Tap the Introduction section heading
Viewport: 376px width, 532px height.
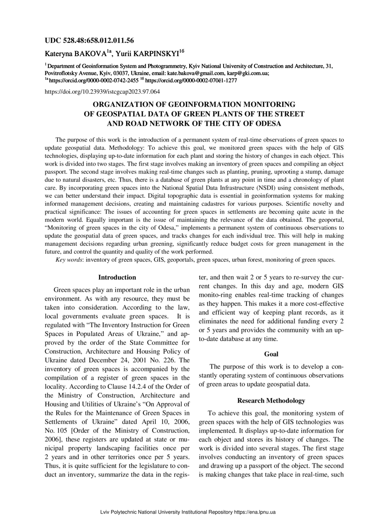[x=117, y=278]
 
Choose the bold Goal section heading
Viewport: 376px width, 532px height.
[x=271, y=354]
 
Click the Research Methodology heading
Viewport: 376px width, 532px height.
[x=271, y=401]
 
